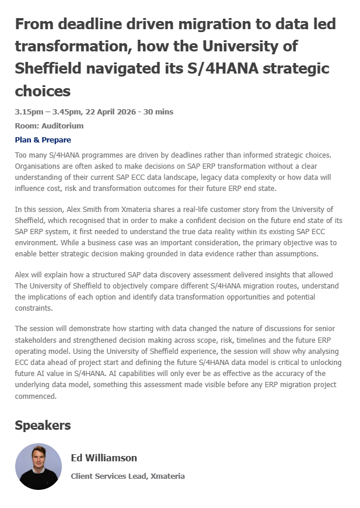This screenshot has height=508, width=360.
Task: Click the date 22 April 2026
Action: pos(114,112)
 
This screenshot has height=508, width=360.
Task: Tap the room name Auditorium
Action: pos(62,126)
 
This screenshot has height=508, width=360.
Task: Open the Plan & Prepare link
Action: pos(43,140)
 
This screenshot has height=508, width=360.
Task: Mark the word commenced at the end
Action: pos(36,396)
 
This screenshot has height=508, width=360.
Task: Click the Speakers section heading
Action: pos(43,426)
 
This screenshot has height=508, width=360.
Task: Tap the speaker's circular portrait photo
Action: pos(38,466)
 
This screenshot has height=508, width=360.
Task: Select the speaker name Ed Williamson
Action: pos(104,458)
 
